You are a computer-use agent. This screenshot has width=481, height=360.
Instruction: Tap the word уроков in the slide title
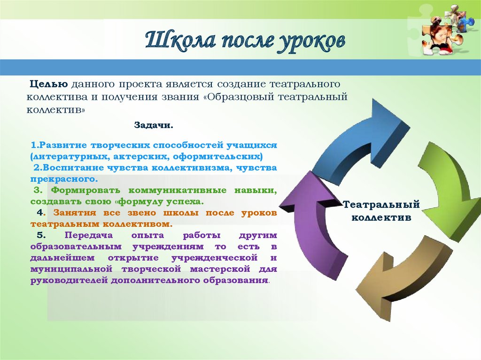pos(311,42)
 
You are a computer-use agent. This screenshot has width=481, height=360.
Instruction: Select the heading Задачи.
pos(154,125)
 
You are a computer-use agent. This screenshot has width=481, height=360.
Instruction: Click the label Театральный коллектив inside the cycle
pos(381,211)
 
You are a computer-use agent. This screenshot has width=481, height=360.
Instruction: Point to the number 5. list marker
pos(41,235)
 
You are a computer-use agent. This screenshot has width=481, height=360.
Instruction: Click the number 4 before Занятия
pos(40,213)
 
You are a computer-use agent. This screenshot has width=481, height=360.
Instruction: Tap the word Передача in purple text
pos(89,235)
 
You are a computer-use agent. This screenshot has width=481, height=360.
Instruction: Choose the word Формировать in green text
pos(85,191)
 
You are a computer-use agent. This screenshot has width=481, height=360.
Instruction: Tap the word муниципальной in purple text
pos(71,269)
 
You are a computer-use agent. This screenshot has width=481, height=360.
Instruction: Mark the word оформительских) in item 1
pos(218,157)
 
